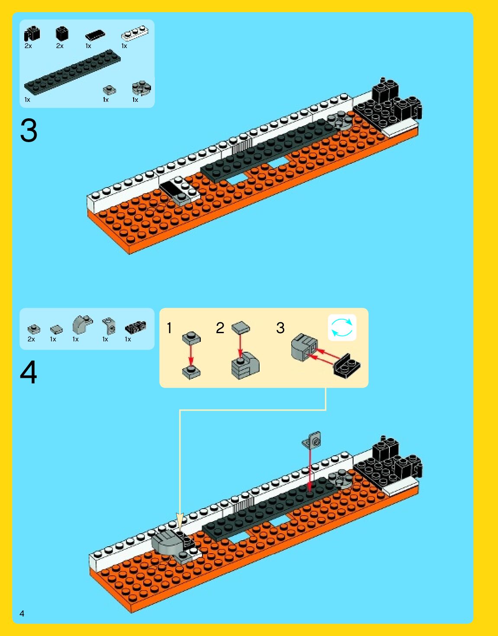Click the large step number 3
[29, 130]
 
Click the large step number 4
[29, 372]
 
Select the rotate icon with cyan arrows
[342, 328]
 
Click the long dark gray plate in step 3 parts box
[72, 71]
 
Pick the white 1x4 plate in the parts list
[135, 33]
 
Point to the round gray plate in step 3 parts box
[141, 88]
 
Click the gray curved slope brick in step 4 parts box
[82, 324]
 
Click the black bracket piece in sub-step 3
[347, 366]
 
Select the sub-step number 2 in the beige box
[220, 328]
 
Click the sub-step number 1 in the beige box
[169, 328]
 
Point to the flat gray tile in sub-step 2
[241, 327]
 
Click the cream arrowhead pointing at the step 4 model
[180, 521]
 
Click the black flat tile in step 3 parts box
[95, 36]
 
